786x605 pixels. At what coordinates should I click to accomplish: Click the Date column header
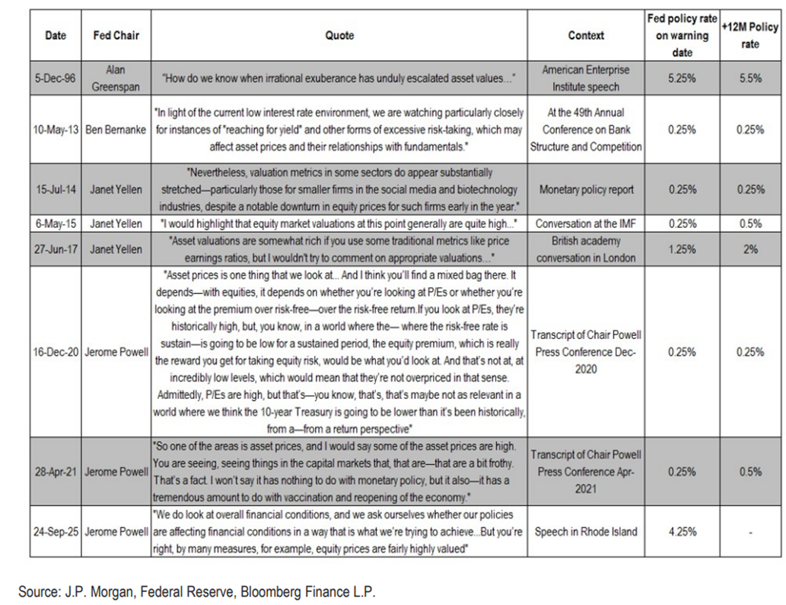(56, 35)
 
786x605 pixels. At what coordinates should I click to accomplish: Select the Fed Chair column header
(116, 35)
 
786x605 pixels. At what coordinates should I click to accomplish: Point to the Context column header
(586, 35)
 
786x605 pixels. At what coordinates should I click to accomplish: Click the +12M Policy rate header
(749, 36)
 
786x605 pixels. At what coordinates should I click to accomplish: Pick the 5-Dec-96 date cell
(56, 78)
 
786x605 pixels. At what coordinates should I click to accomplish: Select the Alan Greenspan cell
(116, 78)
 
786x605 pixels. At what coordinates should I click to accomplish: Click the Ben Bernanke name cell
(116, 129)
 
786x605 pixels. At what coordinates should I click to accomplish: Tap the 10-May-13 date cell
(56, 129)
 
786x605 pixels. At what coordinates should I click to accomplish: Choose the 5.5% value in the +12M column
(749, 78)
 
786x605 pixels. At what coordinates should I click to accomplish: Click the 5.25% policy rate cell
(682, 78)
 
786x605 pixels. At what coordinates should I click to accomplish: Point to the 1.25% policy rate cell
(682, 249)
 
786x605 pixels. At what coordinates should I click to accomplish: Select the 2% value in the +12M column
(749, 249)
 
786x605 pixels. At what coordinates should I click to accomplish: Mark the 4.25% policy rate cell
(682, 532)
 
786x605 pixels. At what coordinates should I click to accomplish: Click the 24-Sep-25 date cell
(56, 532)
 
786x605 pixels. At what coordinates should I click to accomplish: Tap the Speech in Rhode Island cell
(586, 532)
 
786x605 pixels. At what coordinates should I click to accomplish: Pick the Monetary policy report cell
(586, 189)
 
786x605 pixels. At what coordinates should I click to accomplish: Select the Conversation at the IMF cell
(586, 224)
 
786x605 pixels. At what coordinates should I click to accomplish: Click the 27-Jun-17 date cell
(56, 249)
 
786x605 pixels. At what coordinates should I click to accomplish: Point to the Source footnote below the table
(197, 591)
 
